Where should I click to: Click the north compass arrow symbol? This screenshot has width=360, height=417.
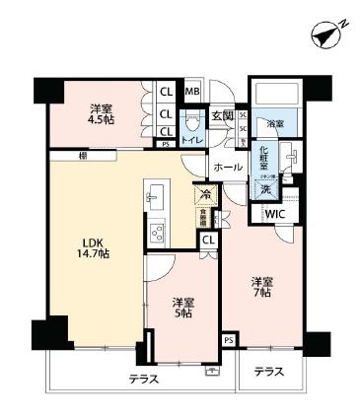click(x=329, y=35)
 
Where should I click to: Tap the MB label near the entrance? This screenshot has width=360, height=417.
click(x=192, y=93)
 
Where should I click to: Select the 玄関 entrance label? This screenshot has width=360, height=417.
click(x=222, y=115)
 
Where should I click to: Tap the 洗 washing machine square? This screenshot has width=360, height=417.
click(x=265, y=187)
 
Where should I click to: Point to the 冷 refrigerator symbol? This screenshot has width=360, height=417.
click(x=205, y=193)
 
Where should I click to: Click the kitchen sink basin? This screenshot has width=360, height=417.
click(x=154, y=195)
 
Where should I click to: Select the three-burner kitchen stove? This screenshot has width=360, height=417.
click(x=156, y=233)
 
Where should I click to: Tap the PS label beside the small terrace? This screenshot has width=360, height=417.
click(x=229, y=340)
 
